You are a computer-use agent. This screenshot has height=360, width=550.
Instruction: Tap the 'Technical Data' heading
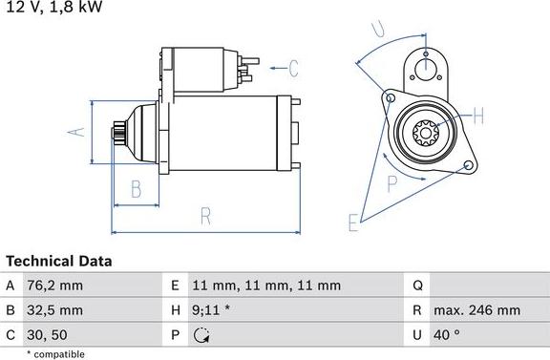[x=59, y=261]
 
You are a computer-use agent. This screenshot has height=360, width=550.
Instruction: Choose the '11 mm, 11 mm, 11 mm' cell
[x=266, y=286]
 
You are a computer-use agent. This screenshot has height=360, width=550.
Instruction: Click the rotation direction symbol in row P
[x=201, y=335]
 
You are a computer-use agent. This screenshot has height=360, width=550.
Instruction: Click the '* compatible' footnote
[x=56, y=353]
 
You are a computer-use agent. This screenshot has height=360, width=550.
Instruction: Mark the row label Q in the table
[x=417, y=286]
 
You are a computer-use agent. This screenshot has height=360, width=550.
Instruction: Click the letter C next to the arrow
[x=293, y=68]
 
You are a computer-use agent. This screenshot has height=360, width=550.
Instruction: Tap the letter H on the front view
[x=479, y=117]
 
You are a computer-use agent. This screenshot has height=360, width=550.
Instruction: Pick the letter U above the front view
[x=379, y=29]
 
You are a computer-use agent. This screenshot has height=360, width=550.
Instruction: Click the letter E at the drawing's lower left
[x=353, y=222]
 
